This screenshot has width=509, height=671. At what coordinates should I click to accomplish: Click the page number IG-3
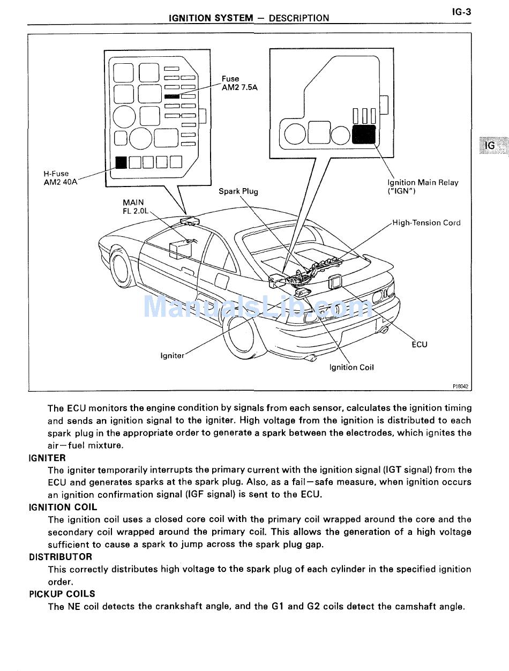461,11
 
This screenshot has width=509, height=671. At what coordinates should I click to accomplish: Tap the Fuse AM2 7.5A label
239,83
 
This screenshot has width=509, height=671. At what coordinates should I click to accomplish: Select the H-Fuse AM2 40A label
59,177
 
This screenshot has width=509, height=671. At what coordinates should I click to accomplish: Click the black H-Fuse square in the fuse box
121,162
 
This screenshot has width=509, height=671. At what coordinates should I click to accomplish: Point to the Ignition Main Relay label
423,187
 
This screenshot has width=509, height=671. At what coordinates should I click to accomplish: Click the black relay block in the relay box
364,133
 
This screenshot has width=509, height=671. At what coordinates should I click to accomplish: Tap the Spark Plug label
238,191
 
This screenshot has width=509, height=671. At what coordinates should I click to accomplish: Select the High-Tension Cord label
426,223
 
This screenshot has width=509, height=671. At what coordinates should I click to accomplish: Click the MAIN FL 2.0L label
133,207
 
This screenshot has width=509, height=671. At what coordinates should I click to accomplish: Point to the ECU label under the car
419,345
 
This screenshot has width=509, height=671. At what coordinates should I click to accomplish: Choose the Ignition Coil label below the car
351,368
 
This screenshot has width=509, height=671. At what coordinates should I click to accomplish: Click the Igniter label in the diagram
172,355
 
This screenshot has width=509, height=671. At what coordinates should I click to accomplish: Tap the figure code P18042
460,386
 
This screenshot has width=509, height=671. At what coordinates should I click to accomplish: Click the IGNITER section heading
47,458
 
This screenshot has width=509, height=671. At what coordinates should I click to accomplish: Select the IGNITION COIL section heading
63,507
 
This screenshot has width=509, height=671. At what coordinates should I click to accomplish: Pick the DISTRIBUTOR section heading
61,557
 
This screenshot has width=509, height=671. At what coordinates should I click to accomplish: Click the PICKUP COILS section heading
62,594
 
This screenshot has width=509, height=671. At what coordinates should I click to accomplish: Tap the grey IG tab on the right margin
491,145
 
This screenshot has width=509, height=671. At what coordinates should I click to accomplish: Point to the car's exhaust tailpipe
384,330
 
